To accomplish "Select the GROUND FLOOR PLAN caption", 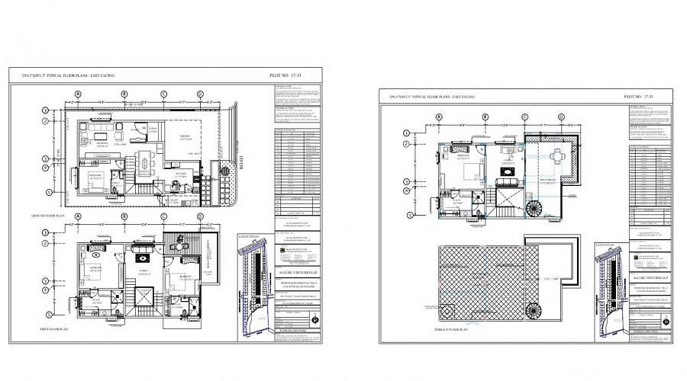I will point(47,216).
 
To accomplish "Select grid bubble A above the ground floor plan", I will point(77,94).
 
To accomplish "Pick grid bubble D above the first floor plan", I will point(200,216).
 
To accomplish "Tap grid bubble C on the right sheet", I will point(524,117).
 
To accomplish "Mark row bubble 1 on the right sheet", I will point(407,133).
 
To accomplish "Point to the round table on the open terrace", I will point(558,155).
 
